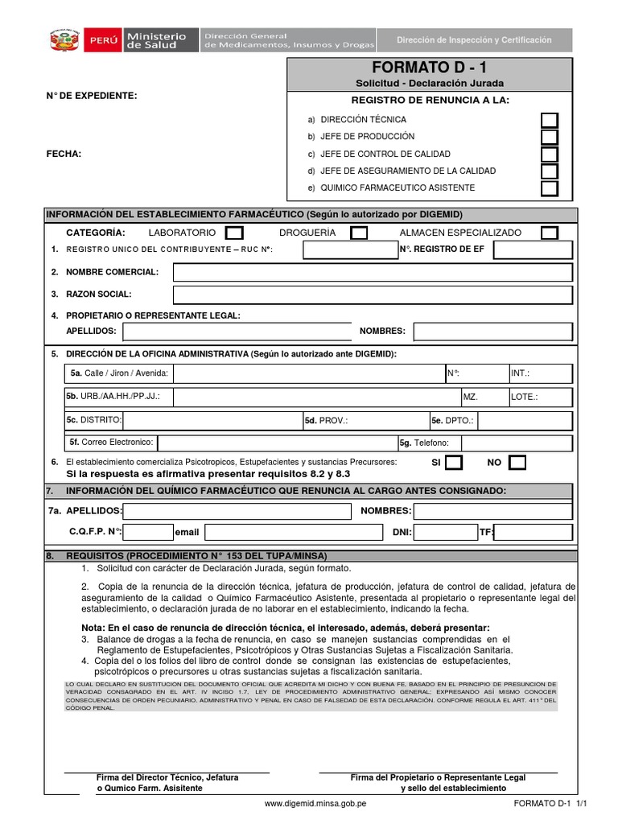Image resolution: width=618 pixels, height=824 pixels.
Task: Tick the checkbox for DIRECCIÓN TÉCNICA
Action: coord(549,120)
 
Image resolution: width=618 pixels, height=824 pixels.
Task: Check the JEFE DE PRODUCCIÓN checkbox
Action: coord(549,137)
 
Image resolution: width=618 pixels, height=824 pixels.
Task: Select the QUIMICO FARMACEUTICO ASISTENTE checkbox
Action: coord(549,188)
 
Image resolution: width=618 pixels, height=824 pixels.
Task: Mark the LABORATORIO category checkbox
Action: coord(233,233)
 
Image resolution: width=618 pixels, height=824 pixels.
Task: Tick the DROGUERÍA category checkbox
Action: coord(359,233)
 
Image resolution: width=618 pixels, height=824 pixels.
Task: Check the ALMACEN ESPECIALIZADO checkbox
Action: coord(549,233)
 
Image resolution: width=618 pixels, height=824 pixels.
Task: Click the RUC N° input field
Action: coord(349,249)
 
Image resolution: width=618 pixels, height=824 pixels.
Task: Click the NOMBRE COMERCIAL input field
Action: coord(373,272)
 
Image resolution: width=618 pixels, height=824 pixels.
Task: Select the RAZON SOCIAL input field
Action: coord(373,295)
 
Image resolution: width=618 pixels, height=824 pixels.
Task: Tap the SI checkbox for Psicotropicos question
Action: coord(454,462)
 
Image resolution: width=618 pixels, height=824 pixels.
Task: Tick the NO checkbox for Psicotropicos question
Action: coord(517,462)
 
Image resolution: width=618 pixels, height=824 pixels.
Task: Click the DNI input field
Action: coord(446,532)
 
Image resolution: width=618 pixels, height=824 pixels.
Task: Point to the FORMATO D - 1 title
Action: coord(430,68)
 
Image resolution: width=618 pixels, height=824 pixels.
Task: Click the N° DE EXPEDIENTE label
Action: coord(91,96)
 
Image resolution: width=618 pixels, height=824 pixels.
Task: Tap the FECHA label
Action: coord(64,154)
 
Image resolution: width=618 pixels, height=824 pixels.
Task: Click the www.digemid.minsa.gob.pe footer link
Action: coord(315,803)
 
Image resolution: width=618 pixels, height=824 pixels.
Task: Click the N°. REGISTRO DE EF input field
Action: coord(533,249)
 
